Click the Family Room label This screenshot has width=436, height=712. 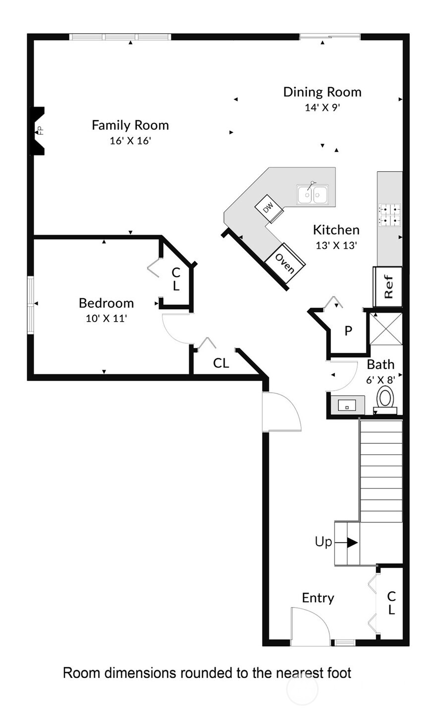click(130, 125)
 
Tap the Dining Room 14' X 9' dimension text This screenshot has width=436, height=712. click(323, 107)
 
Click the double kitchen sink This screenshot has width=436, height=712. click(313, 194)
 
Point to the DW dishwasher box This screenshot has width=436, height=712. click(269, 208)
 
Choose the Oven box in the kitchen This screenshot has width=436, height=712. click(284, 264)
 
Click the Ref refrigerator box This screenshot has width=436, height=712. click(388, 286)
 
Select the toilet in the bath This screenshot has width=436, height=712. click(386, 399)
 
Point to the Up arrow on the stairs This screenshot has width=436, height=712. click(352, 542)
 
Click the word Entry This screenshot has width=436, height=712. click(318, 598)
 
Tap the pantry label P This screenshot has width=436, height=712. click(348, 331)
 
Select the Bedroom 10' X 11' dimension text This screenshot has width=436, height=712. click(107, 318)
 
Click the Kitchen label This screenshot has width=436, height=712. click(336, 230)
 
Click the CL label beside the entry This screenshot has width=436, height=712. click(391, 603)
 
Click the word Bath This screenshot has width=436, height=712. click(381, 365)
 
